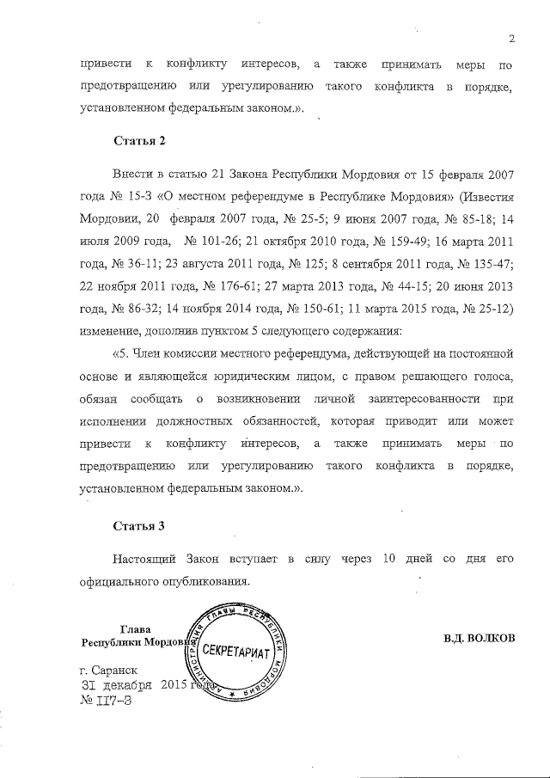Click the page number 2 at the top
coord(510,38)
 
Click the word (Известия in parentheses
coord(484,196)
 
